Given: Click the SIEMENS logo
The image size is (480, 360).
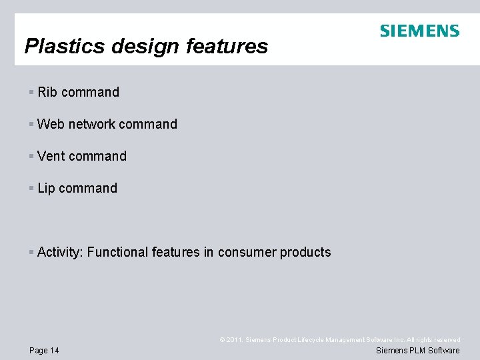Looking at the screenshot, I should pyautogui.click(x=419, y=31).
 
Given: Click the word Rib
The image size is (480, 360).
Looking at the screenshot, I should pyautogui.click(x=47, y=92).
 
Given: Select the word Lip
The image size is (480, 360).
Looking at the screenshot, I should pyautogui.click(x=47, y=188).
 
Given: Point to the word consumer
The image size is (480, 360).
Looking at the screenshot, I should pyautogui.click(x=247, y=252).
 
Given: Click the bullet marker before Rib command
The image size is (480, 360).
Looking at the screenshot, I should pyautogui.click(x=31, y=92).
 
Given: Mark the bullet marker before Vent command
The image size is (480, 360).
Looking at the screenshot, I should pyautogui.click(x=31, y=156).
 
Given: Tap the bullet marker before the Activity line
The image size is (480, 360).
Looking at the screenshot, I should pyautogui.click(x=31, y=252).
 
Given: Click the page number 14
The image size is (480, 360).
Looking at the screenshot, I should pyautogui.click(x=53, y=351).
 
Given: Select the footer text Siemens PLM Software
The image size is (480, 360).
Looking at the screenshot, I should pyautogui.click(x=418, y=351).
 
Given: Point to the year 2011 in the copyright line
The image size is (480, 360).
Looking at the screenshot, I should pyautogui.click(x=234, y=340).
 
